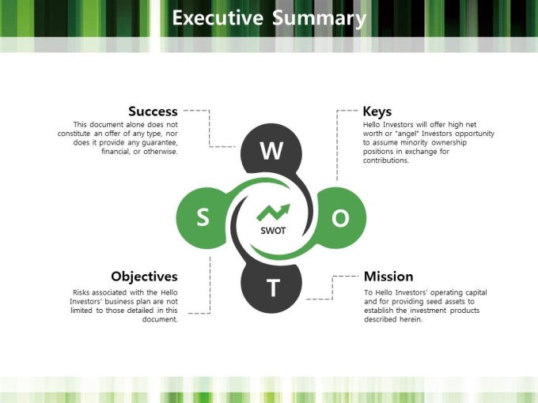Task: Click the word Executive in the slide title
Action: coord(218,18)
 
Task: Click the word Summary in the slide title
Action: coord(319,19)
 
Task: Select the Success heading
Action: coord(153,111)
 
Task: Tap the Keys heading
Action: coord(377,111)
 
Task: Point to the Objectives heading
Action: coord(145,277)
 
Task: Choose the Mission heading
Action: coord(388,277)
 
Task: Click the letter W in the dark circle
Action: coord(271,150)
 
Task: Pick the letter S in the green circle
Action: coord(203,217)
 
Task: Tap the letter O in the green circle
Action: coord(340,218)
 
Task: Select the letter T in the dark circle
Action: coord(273,288)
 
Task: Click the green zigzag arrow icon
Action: coord(274,213)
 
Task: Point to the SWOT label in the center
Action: coord(273,231)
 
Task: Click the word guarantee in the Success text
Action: coord(160,142)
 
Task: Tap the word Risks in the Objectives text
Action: coord(81,292)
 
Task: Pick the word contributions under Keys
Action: coord(386,160)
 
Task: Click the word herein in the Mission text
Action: coord(411,319)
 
